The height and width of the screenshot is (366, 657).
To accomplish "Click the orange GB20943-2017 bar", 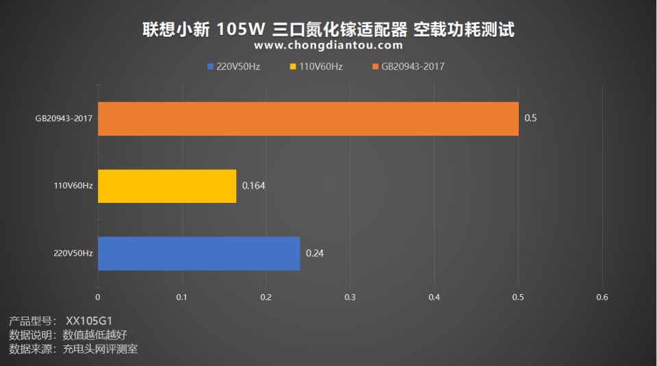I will pos(308,119).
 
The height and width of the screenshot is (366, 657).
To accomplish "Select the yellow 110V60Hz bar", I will pos(167,186).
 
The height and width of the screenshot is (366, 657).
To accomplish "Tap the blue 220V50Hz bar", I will pos(198,254).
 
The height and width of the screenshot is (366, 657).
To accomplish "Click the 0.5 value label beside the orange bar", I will pos(530,119).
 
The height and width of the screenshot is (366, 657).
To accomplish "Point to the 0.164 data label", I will pos(253,186).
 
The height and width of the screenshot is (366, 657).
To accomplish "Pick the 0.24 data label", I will pos(315,254).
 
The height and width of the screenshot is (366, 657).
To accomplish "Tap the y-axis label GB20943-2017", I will pos(64,119).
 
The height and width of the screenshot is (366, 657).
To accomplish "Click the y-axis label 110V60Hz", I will pos(73,186).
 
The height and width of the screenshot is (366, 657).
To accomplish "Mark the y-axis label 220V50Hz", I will pos(73,254).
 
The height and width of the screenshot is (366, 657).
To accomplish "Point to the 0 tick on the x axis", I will pos(98,297).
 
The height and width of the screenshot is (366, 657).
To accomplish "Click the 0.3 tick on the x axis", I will pos(350,297).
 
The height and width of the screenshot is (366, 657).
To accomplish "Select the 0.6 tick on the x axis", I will pos(602,297).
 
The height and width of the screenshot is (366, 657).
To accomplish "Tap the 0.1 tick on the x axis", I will pos(182,297).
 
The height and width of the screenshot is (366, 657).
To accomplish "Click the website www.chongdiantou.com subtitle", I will pos(328,46).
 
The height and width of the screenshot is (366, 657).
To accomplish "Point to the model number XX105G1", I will pos(88,321).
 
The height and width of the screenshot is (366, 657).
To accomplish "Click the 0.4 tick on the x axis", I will pos(434,297).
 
